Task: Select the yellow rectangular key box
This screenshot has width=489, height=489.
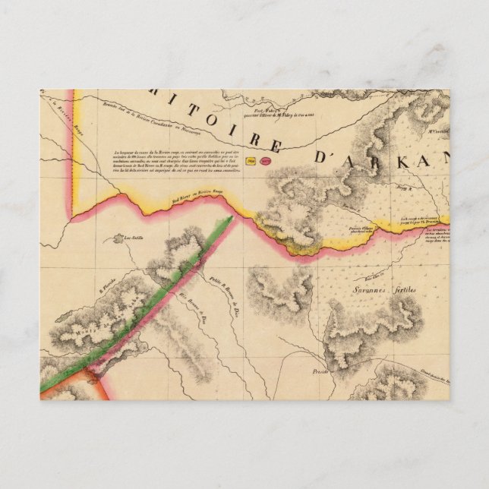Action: (250, 160)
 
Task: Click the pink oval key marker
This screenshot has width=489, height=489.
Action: (266, 160)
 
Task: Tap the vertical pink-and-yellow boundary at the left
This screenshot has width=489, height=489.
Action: (72, 152)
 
